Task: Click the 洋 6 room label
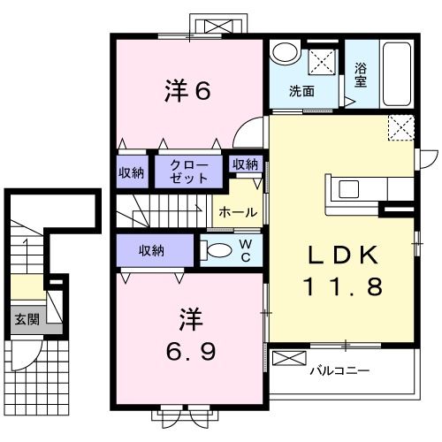click(187, 91)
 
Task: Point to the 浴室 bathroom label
click(361, 75)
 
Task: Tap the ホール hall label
click(238, 212)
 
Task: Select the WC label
click(246, 250)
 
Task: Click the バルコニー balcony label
click(339, 370)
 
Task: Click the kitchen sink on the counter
click(347, 189)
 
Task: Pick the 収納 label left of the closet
click(132, 171)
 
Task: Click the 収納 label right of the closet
click(245, 164)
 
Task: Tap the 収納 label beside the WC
click(150, 250)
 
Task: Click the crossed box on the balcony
click(287, 360)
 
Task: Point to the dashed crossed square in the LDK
click(401, 128)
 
